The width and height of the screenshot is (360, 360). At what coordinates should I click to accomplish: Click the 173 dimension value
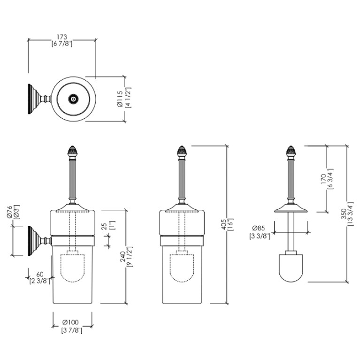62,37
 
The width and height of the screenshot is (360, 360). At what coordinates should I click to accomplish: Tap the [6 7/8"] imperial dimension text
62,44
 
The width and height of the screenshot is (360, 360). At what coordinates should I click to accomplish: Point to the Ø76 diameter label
9,212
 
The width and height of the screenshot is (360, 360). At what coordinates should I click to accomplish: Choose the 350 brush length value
344,214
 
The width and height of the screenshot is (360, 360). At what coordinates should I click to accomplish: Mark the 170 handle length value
323,179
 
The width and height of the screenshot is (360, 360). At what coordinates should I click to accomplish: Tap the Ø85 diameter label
259,228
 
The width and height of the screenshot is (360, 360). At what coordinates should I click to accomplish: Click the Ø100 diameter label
70,322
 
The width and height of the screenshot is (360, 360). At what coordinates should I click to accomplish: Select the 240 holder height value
123,257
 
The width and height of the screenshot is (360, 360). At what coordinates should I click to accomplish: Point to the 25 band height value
104,226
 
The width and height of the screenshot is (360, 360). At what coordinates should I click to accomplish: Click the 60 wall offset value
40,275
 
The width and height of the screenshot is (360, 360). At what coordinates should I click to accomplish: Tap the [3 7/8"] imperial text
72,330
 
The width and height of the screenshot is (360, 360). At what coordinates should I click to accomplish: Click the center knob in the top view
73,99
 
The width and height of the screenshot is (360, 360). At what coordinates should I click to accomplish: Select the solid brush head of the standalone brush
291,268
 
